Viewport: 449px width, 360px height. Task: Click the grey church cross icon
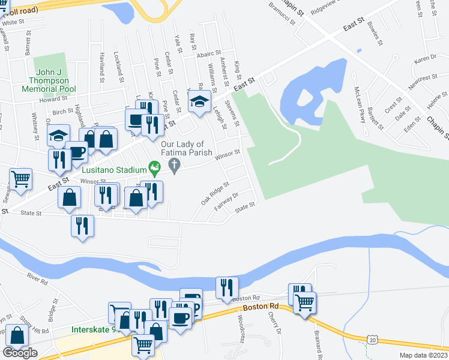(x=175, y=166)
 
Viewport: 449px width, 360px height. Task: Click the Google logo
(x=20, y=353)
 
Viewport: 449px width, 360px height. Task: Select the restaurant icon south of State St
(x=82, y=226)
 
